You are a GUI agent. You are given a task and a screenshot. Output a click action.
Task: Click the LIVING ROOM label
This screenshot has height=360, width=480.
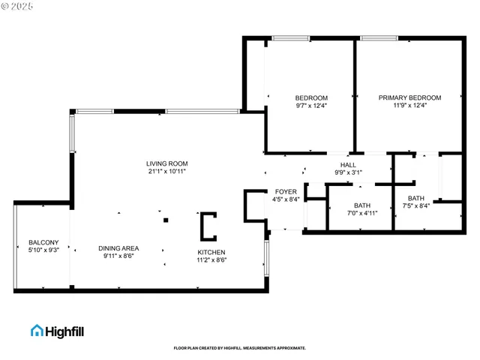click(166, 163)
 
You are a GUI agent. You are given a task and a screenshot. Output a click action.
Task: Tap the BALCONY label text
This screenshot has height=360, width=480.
click(43, 242)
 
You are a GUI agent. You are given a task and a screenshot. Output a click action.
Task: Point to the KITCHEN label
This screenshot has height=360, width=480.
click(211, 252)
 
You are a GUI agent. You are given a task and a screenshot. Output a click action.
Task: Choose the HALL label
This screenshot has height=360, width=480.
click(348, 165)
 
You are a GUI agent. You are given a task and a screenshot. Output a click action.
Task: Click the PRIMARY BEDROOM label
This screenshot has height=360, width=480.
click(409, 97)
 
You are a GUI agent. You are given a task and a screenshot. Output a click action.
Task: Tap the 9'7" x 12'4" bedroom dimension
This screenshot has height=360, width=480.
click(310, 106)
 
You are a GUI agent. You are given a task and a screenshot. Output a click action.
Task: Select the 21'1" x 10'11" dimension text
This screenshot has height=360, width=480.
click(166, 172)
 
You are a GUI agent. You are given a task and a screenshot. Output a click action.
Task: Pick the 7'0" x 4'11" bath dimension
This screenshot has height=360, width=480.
click(362, 214)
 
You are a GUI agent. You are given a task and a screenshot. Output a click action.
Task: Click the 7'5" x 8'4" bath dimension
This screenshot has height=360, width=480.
click(415, 206)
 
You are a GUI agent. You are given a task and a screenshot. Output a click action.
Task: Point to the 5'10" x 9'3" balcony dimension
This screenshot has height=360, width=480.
click(43, 250)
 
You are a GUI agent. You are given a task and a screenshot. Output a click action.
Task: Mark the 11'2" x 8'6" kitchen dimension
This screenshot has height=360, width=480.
click(211, 260)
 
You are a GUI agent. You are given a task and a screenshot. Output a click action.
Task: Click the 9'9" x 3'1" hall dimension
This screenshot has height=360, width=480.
click(348, 172)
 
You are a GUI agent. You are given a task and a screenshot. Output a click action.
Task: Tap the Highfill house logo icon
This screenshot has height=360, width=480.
click(37, 330)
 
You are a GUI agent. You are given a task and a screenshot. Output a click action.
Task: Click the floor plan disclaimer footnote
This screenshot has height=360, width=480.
click(239, 348)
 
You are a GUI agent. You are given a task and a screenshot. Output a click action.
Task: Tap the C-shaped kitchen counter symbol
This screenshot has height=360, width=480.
click(207, 225)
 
